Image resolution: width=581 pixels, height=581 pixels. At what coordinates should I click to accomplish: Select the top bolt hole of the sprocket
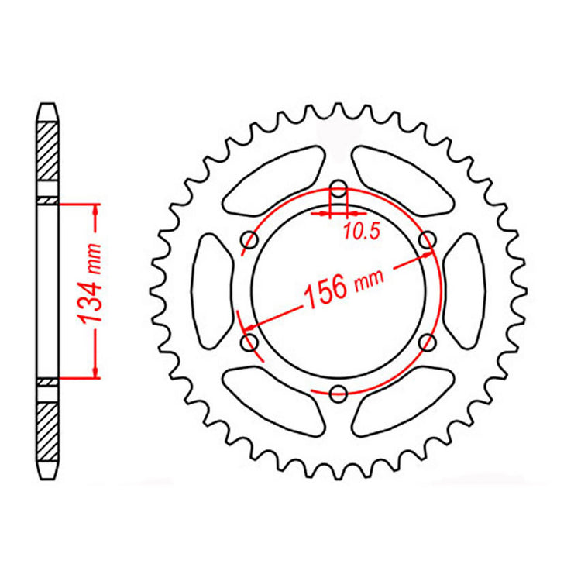click(338, 188)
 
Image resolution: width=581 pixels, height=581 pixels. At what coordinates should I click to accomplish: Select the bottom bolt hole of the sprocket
click(338, 394)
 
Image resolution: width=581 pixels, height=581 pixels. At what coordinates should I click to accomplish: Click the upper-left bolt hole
click(249, 240)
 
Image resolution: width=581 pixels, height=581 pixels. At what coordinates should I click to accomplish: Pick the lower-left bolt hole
click(249, 342)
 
